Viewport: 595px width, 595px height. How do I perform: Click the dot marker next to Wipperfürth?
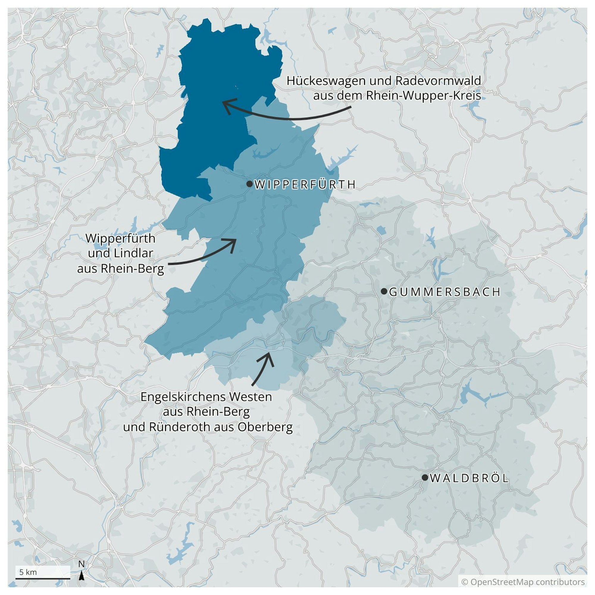(250, 184)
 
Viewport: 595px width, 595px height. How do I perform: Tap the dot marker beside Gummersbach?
(384, 291)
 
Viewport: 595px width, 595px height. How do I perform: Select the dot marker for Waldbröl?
(425, 477)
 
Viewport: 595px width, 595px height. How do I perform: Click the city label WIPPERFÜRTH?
(305, 184)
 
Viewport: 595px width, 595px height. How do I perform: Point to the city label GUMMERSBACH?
(445, 292)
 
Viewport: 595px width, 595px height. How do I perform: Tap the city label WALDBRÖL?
(469, 478)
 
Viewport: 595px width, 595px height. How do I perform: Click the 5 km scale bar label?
(28, 572)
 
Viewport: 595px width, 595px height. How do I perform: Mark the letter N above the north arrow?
(82, 564)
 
